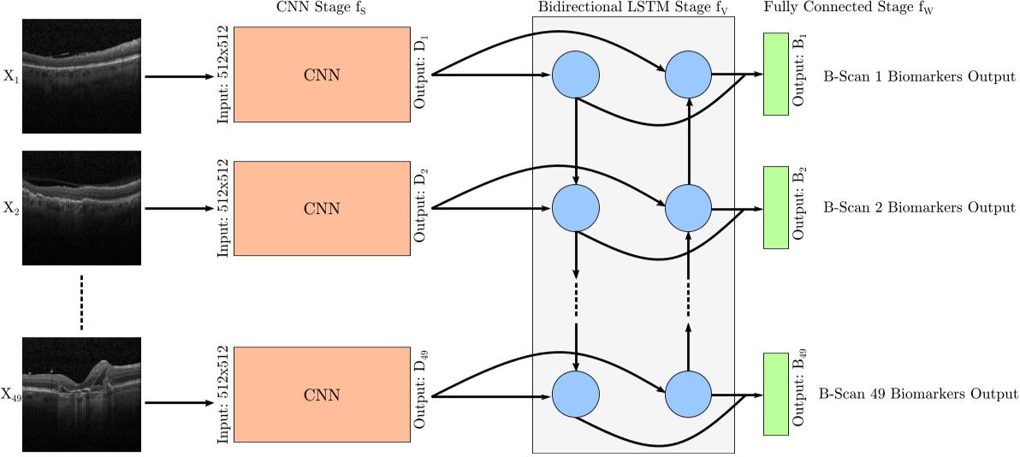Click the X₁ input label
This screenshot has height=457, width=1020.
10,77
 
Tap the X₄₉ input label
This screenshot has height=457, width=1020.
11,395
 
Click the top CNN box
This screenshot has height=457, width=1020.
322,74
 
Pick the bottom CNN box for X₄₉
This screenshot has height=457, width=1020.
322,395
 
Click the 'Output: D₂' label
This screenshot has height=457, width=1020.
421,208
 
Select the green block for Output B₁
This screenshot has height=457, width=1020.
775,74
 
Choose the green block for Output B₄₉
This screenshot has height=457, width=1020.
775,395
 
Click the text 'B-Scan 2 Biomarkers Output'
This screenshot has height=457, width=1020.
919,208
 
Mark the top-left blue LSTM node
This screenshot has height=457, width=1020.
574,74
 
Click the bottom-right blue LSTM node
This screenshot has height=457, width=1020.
689,395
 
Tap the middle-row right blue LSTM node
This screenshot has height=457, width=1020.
689,208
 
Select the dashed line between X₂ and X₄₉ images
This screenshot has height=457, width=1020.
80,301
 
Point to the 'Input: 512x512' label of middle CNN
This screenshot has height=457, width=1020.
222,208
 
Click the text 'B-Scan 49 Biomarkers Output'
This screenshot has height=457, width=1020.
917,395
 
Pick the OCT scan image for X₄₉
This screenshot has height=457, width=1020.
80,395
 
